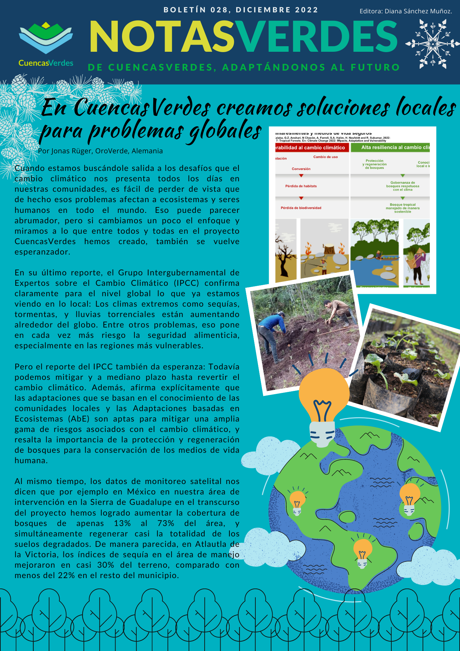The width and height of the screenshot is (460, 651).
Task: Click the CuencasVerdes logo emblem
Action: pos(46,37)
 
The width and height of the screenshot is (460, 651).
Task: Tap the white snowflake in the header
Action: pos(432,44)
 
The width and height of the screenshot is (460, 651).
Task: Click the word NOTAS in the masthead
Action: pos(162,36)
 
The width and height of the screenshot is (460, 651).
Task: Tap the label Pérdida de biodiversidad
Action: pos(301,208)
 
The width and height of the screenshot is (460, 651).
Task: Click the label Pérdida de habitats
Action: pos(301,186)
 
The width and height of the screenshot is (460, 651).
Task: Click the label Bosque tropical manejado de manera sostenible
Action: pos(402,208)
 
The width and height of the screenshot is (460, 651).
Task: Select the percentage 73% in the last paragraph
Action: pos(166,523)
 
